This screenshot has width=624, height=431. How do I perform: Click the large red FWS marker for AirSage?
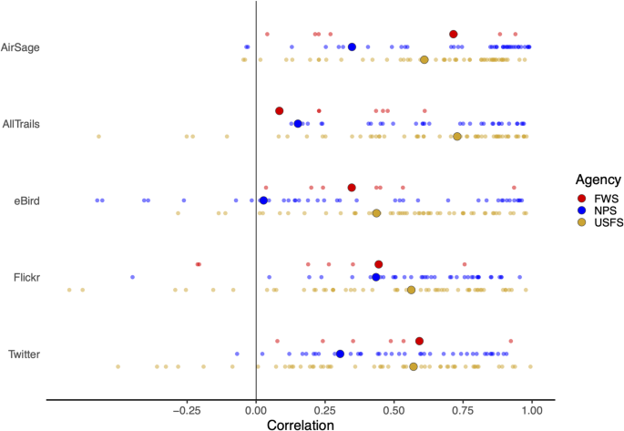(x=454, y=34)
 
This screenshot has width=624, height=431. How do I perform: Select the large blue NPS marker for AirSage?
(x=352, y=46)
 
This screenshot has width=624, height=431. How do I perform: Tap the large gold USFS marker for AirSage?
(x=425, y=60)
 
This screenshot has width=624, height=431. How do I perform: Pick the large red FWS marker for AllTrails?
(x=280, y=111)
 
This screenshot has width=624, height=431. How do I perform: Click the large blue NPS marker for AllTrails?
(x=298, y=124)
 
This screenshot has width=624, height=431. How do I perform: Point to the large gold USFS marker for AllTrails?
(x=457, y=137)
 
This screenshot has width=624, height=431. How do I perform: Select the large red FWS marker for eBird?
(x=352, y=188)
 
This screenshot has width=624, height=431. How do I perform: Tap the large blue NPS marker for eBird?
(x=263, y=200)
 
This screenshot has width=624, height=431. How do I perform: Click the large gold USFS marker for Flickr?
(x=411, y=290)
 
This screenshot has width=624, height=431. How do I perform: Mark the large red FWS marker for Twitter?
(x=419, y=341)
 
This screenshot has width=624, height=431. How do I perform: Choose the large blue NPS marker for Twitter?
(x=340, y=354)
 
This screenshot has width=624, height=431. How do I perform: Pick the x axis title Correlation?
(x=301, y=424)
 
